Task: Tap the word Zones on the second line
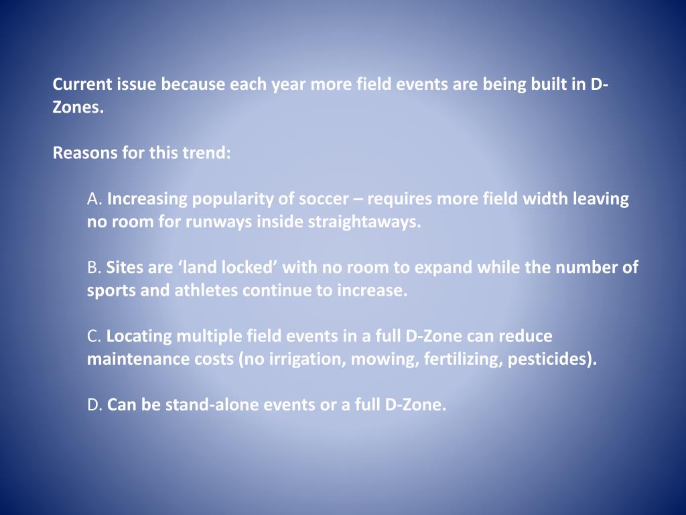76,108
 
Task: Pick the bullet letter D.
93,404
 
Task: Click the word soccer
324,199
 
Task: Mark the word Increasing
147,199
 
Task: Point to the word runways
219,222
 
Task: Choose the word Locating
139,336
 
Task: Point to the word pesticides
549,359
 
